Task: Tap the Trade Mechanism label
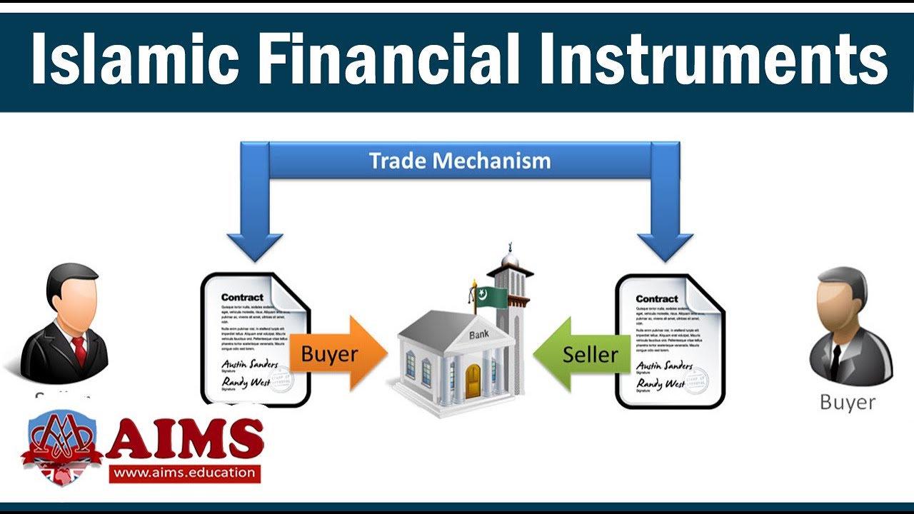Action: point(460,161)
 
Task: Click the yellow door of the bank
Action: point(473,381)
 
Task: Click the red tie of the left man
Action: point(79,351)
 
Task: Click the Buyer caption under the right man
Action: point(847,402)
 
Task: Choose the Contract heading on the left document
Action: point(242,297)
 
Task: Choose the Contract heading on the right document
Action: point(657,298)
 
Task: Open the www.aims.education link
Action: point(184,472)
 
